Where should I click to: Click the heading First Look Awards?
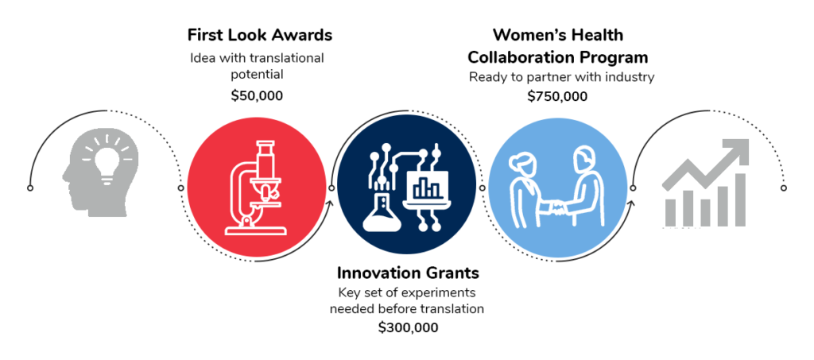[260, 35]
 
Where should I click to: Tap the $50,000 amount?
[257, 96]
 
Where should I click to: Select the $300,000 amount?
[408, 328]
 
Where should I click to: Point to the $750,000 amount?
[557, 96]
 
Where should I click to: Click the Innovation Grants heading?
[408, 273]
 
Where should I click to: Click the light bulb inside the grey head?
[107, 159]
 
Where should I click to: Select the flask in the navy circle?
[382, 213]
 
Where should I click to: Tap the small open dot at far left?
[30, 188]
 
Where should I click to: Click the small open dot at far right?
[784, 188]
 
